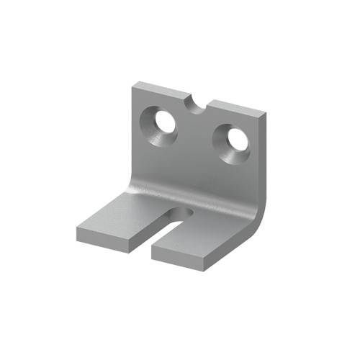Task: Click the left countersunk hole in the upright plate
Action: [162, 125]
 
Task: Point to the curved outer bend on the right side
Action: [259, 216]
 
